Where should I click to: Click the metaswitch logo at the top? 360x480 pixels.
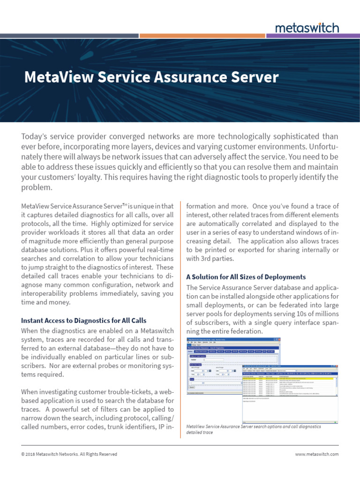point(307,28)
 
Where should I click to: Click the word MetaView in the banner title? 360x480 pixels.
point(53,77)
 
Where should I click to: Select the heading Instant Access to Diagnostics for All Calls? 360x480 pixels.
point(84,321)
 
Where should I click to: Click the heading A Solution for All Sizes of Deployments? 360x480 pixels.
point(246,277)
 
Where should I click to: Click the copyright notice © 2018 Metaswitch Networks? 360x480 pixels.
point(69,454)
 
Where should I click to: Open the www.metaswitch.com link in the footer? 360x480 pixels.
point(316,454)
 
